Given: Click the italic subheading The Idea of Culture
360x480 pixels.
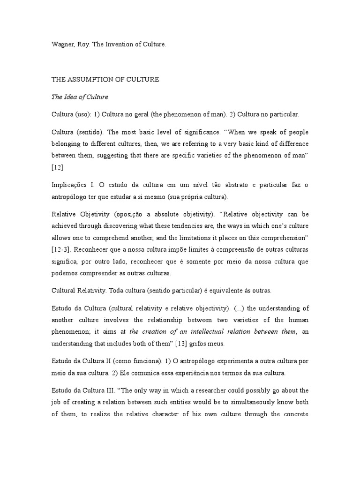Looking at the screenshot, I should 80,97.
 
